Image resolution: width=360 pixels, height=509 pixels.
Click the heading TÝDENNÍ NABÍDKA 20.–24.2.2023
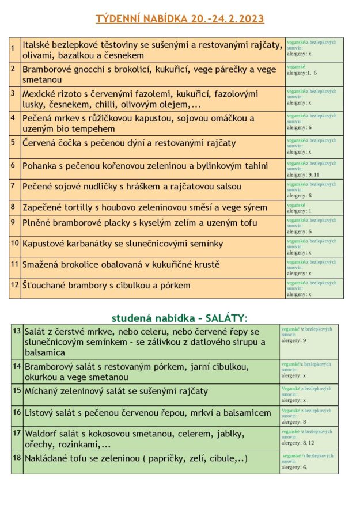pyautogui.click(x=180, y=19)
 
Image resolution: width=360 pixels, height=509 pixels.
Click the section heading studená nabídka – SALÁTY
pyautogui.click(x=180, y=318)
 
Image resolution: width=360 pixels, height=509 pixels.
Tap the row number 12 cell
pyautogui.click(x=15, y=284)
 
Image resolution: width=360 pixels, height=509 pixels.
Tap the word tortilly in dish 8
pyautogui.click(x=81, y=207)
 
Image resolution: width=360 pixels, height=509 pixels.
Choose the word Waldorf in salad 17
pyautogui.click(x=41, y=433)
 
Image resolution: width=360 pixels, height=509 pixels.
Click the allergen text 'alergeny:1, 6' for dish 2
pyautogui.click(x=302, y=73)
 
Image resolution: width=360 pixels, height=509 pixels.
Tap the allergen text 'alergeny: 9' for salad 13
pyautogui.click(x=294, y=340)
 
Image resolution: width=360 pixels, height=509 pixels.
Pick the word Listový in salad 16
pyautogui.click(x=40, y=413)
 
